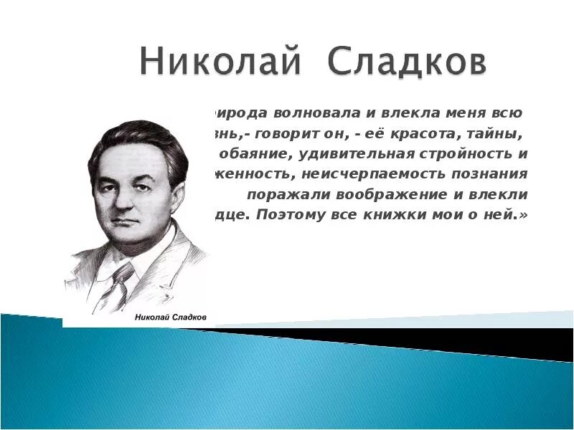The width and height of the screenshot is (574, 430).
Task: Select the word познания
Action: [x=488, y=173]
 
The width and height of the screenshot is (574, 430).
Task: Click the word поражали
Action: [x=283, y=193]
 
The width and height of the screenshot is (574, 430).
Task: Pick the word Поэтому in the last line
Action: [x=291, y=214]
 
